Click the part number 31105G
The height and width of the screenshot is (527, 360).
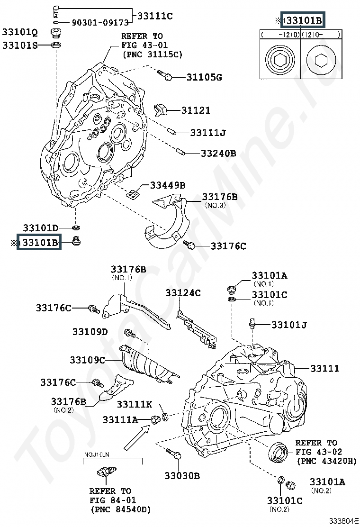[x=204, y=77]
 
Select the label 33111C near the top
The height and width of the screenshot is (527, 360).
[x=155, y=16]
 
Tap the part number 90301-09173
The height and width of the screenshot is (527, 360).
[x=100, y=23]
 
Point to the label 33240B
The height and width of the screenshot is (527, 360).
[x=218, y=153]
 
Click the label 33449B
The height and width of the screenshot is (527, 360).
[x=168, y=185]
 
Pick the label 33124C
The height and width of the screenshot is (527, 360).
[x=183, y=293]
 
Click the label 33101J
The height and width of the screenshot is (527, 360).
[x=289, y=325]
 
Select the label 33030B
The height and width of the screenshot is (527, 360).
[x=182, y=475]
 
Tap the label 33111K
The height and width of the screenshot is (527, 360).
[x=135, y=404]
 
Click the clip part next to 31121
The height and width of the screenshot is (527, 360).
[x=160, y=109]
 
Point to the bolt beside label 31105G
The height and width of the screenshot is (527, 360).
[x=164, y=75]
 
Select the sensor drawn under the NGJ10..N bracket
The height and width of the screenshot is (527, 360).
[x=106, y=471]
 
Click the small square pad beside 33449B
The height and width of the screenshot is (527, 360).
[x=133, y=193]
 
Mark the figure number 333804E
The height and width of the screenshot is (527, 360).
[x=343, y=521]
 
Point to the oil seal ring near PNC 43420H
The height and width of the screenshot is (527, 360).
[x=279, y=452]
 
